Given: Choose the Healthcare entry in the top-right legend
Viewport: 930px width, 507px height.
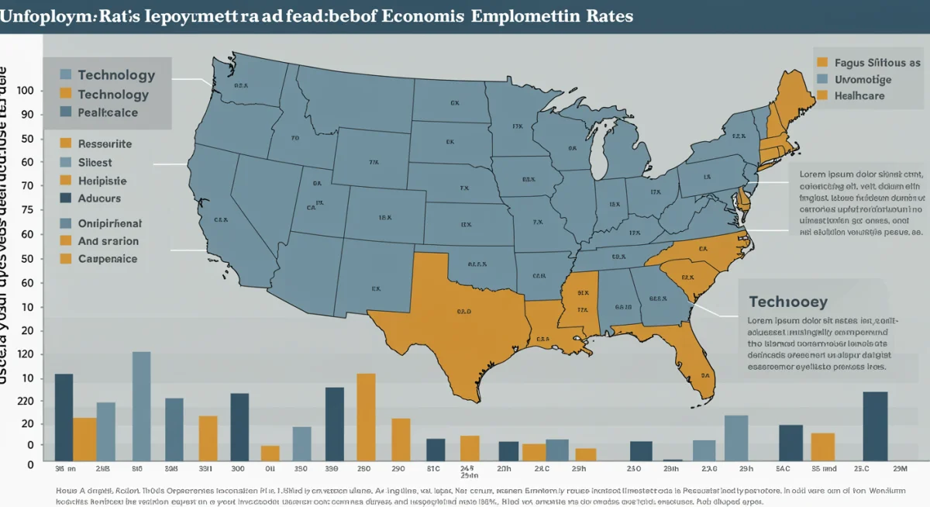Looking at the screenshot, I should (x=859, y=96).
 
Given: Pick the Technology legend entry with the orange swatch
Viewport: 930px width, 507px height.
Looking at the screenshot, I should (x=112, y=95).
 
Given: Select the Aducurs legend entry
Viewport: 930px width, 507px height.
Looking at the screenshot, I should (x=99, y=198).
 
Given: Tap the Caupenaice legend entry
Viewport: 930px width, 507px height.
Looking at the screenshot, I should (x=107, y=259).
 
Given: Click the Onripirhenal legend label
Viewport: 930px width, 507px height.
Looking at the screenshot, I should (x=109, y=223).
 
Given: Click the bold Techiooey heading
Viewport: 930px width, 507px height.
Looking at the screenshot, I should (x=787, y=302).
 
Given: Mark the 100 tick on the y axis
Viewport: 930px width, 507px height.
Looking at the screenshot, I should (x=24, y=91).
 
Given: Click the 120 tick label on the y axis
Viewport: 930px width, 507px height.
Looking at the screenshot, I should (x=24, y=354).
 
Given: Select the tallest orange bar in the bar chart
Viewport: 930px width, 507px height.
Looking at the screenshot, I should (x=366, y=418).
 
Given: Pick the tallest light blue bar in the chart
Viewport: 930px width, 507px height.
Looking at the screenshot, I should (x=141, y=406).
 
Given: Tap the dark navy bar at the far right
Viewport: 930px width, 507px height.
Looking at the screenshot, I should (x=875, y=426).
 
